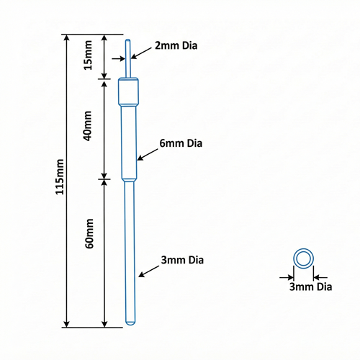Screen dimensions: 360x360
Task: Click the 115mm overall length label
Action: point(60,176)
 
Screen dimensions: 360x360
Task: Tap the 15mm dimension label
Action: point(88,55)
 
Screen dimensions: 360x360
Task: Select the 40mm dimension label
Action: point(87,126)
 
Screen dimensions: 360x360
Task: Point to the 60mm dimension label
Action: point(89,233)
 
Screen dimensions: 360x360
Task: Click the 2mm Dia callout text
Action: point(176,45)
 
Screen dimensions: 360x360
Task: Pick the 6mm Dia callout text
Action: point(181,143)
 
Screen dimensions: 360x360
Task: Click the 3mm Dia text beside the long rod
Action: point(182,260)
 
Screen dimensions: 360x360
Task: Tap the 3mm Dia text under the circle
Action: point(310,287)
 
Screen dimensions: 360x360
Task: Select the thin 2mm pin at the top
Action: point(128,58)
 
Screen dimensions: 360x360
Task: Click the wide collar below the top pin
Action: point(128,91)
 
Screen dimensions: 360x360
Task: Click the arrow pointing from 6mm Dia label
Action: point(148,155)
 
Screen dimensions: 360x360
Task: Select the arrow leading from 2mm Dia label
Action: point(141,53)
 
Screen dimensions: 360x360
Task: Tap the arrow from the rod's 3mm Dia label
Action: point(149,271)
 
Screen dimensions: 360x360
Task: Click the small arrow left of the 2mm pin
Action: point(119,58)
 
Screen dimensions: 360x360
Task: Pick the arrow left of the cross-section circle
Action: point(287,278)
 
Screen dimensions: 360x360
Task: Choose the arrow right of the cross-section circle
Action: point(320,278)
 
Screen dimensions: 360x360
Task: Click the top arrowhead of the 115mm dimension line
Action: point(67,38)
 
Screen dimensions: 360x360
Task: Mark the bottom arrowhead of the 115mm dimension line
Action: point(67,323)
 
